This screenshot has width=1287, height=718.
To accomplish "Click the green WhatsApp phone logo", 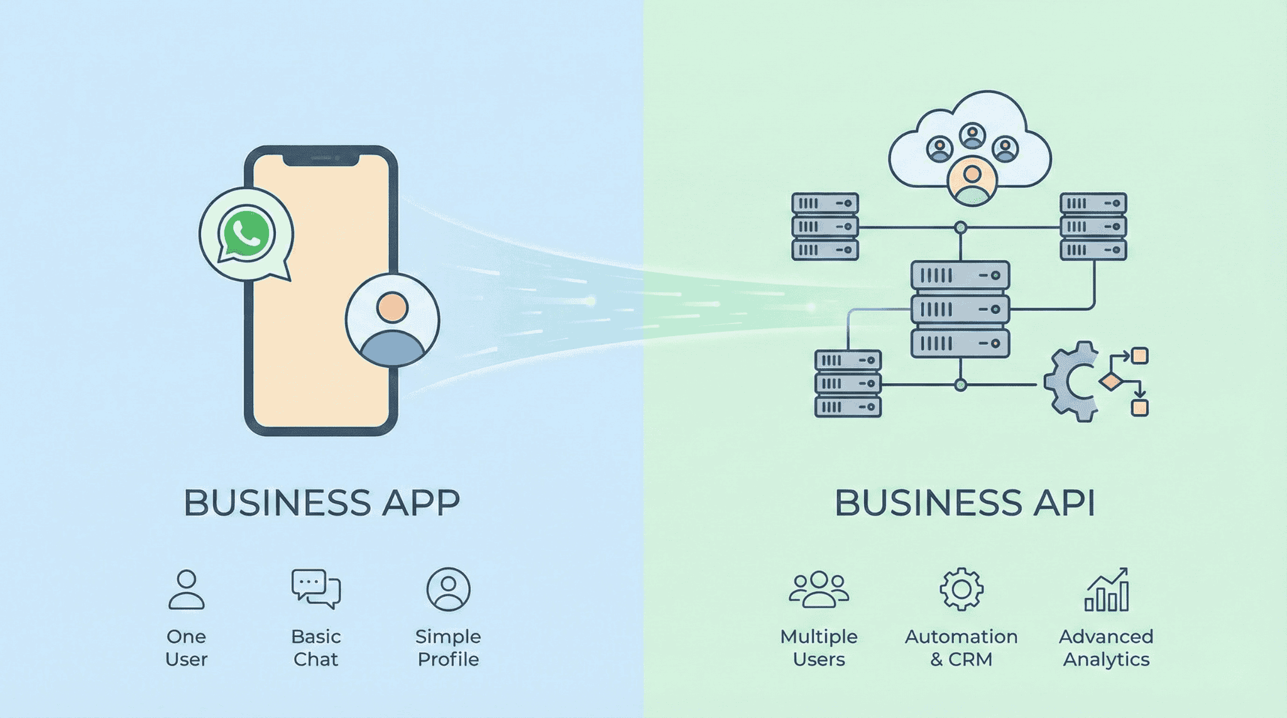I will point(246,234).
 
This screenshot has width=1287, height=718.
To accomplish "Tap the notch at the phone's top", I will point(320,158).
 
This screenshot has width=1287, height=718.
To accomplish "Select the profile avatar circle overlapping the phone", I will point(392,320).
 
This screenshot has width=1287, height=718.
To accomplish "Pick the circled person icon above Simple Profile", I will point(448,589).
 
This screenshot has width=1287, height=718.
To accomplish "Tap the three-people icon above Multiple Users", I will point(819,589).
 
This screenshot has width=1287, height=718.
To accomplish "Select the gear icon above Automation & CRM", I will point(961,589).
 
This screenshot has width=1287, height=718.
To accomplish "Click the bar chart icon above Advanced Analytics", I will point(1107,590).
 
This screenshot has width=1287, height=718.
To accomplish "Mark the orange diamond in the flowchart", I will point(1111,381).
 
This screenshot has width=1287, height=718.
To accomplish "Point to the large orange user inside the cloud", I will point(972,182).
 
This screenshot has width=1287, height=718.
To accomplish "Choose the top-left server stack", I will point(825,226).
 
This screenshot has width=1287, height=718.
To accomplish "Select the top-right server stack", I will point(1093,226).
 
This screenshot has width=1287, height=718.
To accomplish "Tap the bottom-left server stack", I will point(848,383).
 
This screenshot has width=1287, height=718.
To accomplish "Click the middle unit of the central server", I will point(960,309).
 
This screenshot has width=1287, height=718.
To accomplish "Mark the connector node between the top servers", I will point(960,227).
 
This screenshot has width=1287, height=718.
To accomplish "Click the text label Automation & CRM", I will point(961,648).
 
